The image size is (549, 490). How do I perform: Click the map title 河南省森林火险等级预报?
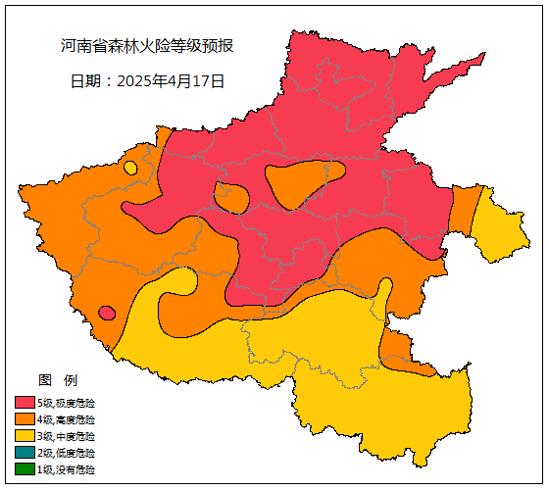tap(146, 46)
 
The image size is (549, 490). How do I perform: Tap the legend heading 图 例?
tap(57, 380)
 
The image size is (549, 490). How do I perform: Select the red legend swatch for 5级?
tap(25, 403)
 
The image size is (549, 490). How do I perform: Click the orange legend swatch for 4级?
tap(25, 419)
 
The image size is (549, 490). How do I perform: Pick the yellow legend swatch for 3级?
tap(25, 436)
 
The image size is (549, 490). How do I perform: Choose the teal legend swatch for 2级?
tap(25, 453)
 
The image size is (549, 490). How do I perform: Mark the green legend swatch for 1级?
tap(25, 469)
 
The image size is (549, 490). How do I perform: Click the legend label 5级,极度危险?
tap(67, 403)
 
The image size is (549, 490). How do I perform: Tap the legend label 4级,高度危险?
tap(67, 419)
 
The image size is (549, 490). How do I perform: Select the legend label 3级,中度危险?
tap(67, 436)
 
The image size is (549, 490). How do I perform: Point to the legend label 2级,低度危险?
tap(67, 453)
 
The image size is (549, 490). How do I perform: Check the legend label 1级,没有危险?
tap(67, 469)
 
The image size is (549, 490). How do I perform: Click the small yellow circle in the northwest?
tap(130, 168)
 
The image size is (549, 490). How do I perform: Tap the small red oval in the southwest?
tap(107, 313)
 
